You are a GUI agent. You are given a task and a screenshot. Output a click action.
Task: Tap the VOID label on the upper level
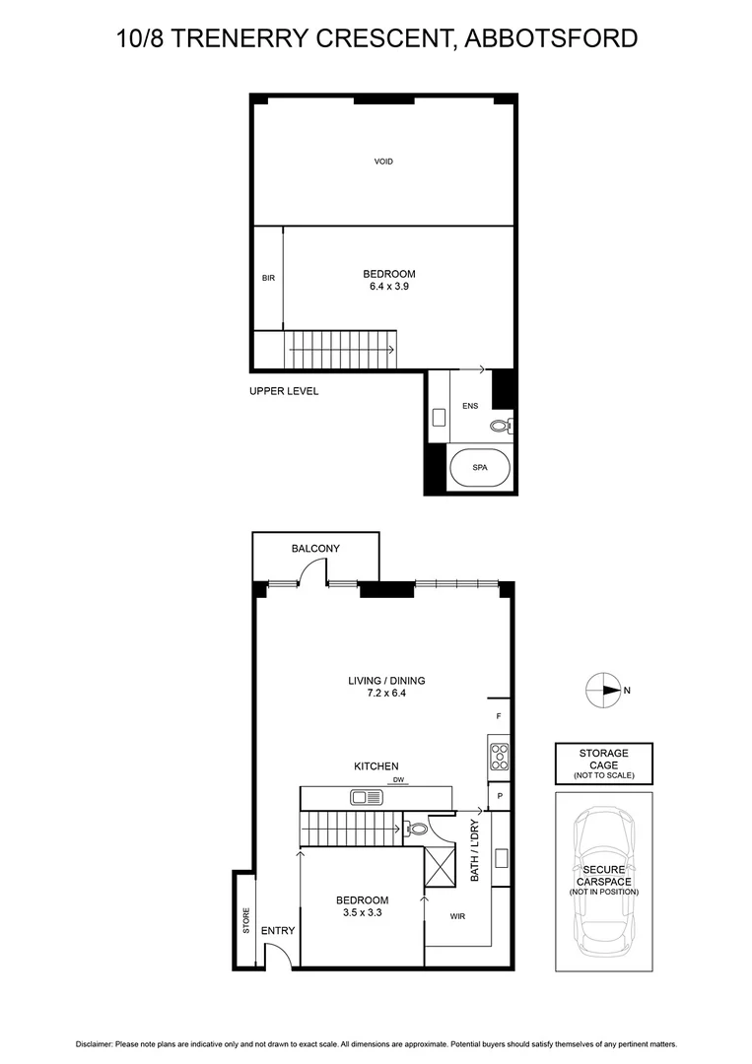383,162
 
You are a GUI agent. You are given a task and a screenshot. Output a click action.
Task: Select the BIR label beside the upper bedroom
268,278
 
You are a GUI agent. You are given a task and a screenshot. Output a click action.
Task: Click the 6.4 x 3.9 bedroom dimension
389,287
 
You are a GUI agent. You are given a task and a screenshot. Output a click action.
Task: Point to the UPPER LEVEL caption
284,391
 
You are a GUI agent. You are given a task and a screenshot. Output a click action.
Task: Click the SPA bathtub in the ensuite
480,468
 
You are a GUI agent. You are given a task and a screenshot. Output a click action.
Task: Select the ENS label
470,405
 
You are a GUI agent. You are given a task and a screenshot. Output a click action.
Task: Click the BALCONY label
315,549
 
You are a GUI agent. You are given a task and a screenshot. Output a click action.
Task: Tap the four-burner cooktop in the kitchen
499,756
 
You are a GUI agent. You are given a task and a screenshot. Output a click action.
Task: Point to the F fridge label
500,715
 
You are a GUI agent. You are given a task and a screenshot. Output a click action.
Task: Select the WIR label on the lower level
456,916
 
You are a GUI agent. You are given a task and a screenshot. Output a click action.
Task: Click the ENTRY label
277,930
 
